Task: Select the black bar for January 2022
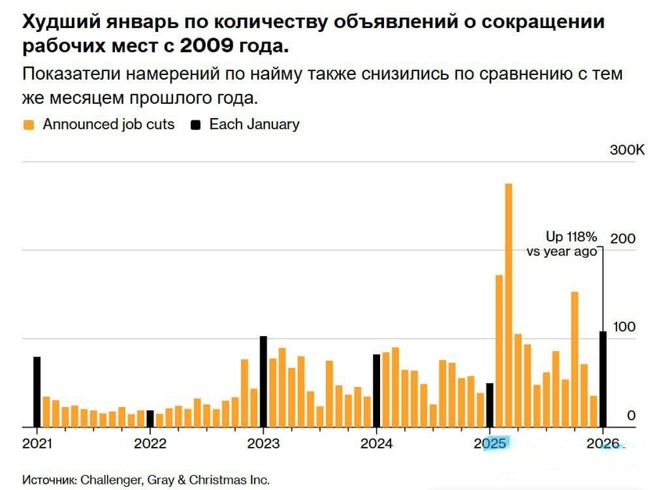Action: point(150,419)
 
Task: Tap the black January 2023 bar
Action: point(263,382)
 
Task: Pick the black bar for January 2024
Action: point(376,391)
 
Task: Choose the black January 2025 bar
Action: point(490,406)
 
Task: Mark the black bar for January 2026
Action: point(603,380)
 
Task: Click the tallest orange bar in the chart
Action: point(508,306)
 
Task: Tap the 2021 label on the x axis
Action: point(37,444)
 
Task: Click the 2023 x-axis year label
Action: point(263,444)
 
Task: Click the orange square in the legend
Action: point(29,124)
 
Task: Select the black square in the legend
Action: point(196,124)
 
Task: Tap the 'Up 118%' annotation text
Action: point(571,236)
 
